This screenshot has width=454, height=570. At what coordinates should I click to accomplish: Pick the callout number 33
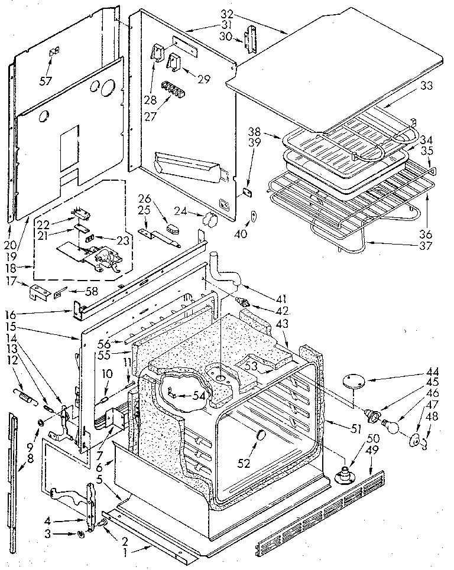(x=427, y=86)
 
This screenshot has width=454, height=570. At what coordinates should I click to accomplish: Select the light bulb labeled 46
(x=392, y=424)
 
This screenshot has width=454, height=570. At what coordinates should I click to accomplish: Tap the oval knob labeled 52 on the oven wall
(x=258, y=436)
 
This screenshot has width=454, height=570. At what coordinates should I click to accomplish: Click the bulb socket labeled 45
(x=374, y=415)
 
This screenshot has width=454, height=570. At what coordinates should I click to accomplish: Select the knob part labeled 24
(x=209, y=220)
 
